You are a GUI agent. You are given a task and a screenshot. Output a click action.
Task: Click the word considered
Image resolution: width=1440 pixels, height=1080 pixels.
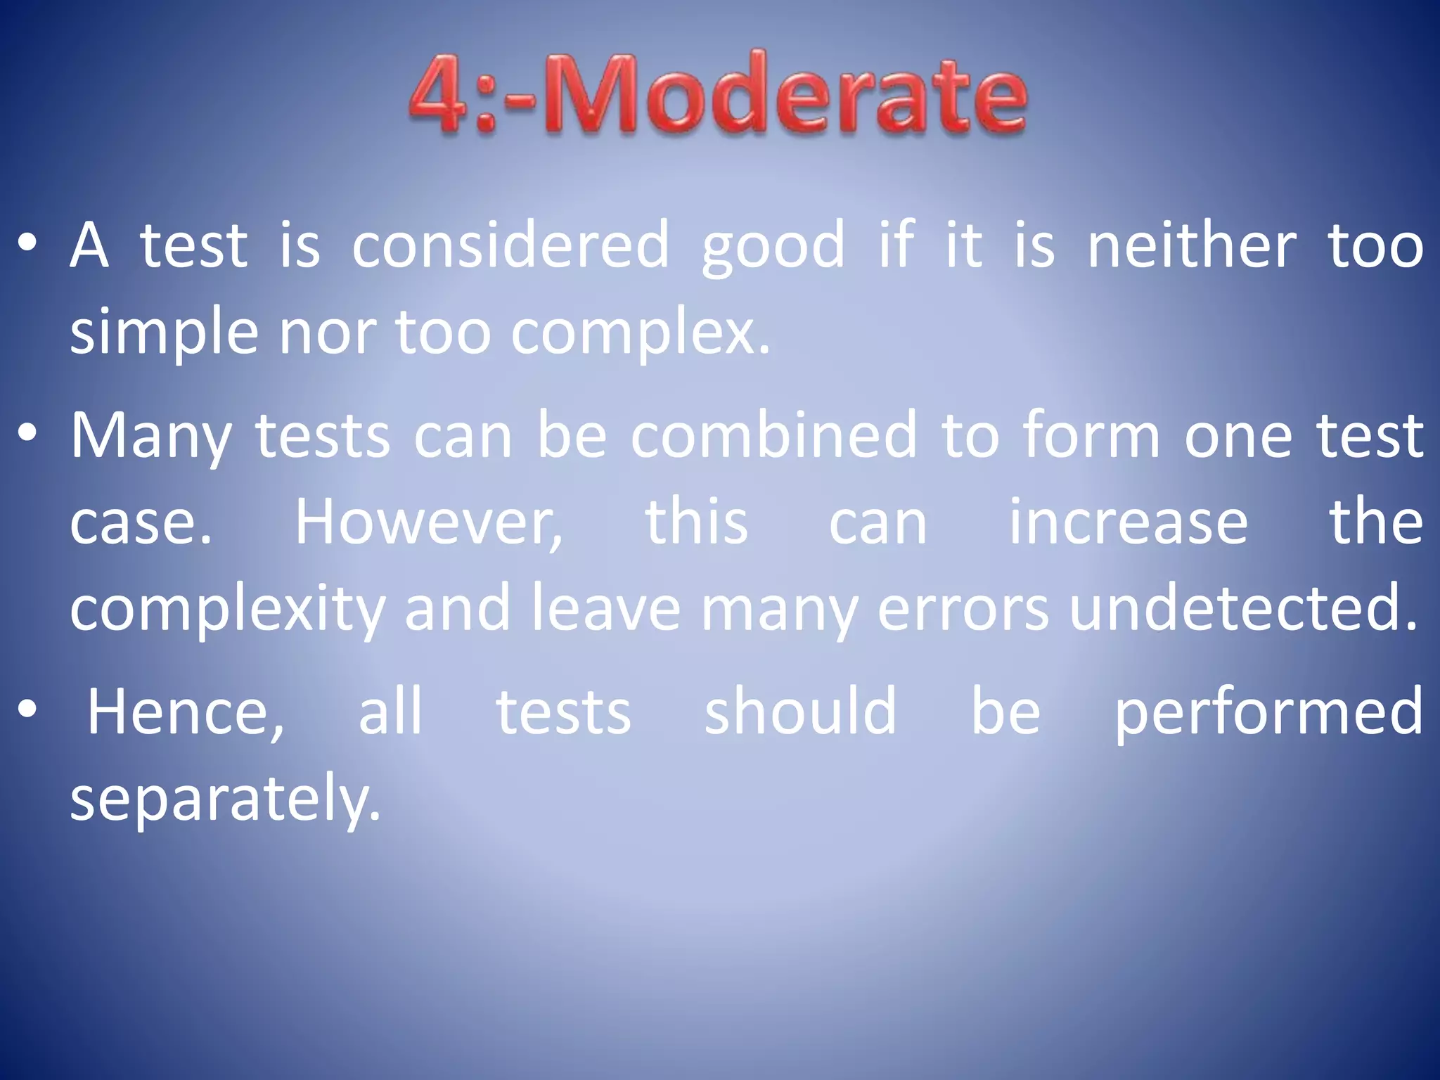point(510,246)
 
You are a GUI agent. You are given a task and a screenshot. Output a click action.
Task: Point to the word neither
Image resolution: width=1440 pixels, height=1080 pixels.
point(1192,246)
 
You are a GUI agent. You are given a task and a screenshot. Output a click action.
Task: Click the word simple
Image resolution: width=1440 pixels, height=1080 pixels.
point(165,333)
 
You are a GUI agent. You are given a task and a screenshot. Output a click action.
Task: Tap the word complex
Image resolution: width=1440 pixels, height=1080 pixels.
point(639,333)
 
